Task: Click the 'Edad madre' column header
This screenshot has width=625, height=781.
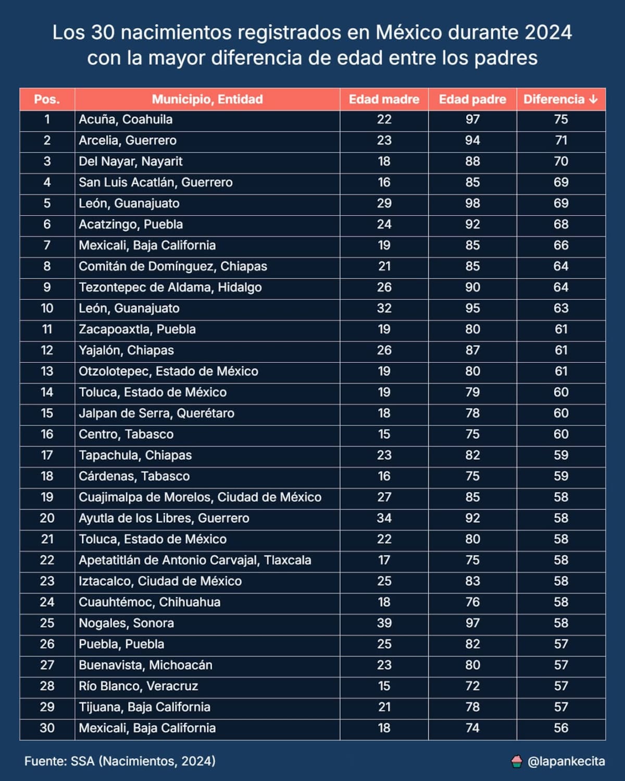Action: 384,99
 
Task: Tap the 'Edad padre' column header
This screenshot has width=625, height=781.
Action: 472,99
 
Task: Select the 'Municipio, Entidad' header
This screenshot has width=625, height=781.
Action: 207,99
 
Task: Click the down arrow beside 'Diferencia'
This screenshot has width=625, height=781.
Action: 593,99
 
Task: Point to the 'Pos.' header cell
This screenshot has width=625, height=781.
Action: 47,99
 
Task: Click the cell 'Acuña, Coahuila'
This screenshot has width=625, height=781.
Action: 126,120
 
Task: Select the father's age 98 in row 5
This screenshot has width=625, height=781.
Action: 472,204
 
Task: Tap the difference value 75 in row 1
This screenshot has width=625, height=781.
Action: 561,120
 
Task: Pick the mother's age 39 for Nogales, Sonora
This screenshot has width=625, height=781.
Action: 384,623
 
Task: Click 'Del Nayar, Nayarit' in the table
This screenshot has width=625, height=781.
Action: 131,161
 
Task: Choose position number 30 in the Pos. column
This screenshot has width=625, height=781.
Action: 47,728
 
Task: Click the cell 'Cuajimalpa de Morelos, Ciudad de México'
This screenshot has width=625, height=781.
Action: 200,497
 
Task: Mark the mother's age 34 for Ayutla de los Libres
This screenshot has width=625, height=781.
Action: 384,518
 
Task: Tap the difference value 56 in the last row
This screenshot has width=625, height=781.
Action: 561,728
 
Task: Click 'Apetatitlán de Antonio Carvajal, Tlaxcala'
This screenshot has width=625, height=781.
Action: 195,560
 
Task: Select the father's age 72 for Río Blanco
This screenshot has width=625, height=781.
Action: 472,686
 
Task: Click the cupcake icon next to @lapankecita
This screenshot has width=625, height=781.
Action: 517,762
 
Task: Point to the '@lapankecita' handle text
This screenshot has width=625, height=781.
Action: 566,762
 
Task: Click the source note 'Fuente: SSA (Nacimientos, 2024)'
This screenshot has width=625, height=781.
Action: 120,761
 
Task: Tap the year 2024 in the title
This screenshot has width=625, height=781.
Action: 548,33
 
